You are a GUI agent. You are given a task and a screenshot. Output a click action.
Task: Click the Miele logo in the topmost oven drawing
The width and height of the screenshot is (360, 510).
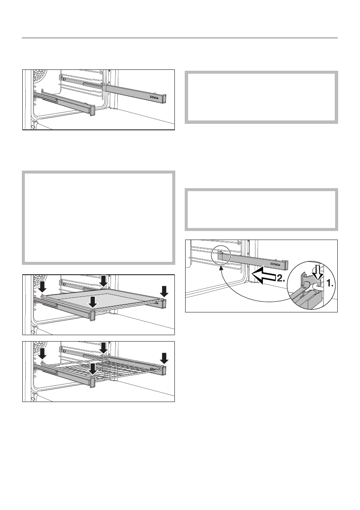(156, 98)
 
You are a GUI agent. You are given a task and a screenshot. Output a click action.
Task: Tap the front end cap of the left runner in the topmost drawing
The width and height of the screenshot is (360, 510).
(91, 110)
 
